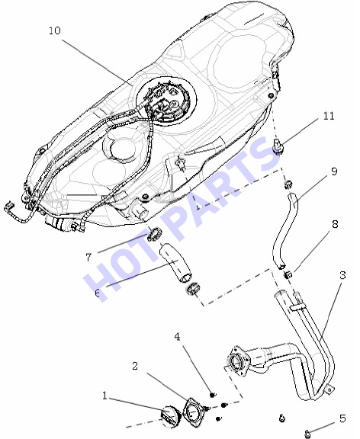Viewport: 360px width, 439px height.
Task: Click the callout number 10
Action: coord(55,30)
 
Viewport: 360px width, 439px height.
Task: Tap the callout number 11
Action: coord(329,116)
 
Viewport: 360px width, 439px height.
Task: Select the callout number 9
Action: coord(334,171)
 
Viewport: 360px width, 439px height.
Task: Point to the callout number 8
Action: coord(335,224)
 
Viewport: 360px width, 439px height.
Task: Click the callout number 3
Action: coord(343,275)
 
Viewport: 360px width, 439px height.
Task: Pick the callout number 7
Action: coord(88,258)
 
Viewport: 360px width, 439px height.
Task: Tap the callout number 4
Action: coord(177,337)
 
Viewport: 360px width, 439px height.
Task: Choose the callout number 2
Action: coord(135,366)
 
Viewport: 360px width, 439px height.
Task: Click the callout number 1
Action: coord(104,396)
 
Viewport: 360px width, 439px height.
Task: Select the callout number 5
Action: coord(342,418)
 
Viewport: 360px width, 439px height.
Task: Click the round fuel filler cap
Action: coord(170,415)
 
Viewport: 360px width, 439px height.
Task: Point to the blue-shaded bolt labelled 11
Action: coord(278,146)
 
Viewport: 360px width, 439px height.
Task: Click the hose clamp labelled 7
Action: coord(154,234)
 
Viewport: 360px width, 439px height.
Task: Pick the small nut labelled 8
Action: coord(288,274)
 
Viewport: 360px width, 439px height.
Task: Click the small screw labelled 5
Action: coord(308,433)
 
